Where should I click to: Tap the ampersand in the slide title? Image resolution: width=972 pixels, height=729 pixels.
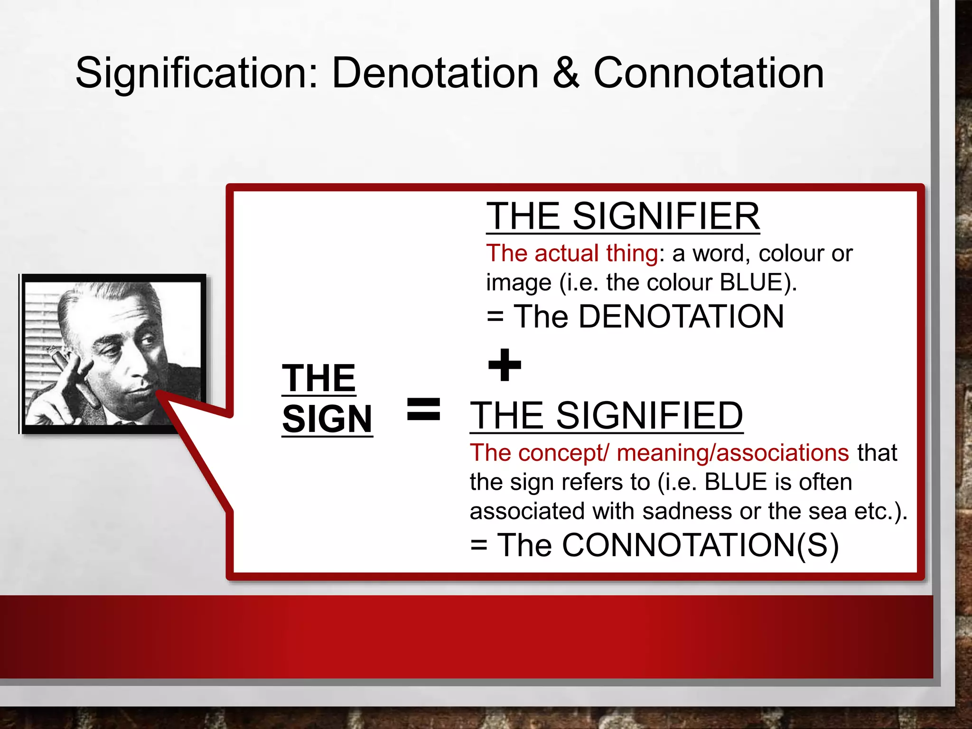point(566,74)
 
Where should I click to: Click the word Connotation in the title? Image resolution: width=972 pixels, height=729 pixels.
point(709,74)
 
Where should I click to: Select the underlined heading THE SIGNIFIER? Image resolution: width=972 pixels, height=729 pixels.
point(623,216)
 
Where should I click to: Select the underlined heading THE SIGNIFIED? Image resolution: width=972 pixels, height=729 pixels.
point(606,416)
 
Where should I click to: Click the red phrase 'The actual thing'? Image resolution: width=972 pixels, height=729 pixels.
point(572,253)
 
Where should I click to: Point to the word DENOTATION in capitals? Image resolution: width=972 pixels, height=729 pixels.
point(681,317)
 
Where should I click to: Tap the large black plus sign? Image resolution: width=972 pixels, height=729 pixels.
point(505,364)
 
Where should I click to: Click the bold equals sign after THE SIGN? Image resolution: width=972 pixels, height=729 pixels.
point(424,410)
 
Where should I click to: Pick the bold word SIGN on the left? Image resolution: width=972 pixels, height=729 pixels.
point(327,420)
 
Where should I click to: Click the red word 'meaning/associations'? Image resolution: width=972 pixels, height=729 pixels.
point(732,453)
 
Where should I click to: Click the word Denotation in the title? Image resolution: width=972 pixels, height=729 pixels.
point(435,74)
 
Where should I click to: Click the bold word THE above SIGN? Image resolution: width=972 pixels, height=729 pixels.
point(318,378)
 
